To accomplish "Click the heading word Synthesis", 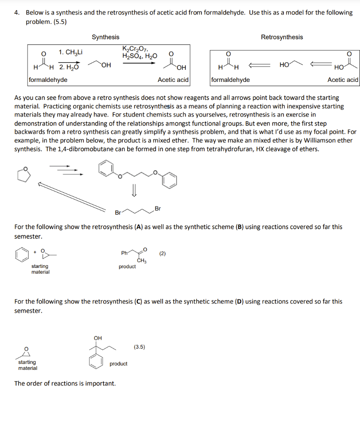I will (105, 37).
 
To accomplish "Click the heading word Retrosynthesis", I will (282, 37).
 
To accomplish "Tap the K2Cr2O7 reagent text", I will (134, 49).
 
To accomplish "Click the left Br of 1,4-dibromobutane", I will (118, 213).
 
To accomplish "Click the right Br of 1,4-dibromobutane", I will (157, 208).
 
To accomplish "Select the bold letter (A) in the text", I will (138, 227).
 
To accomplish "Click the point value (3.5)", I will (139, 346).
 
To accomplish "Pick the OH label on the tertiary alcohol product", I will (97, 338).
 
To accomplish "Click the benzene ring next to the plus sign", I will (21, 255).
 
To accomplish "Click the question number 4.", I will (17, 13).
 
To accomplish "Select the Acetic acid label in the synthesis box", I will (173, 79).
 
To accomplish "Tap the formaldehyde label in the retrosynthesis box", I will (231, 79).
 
